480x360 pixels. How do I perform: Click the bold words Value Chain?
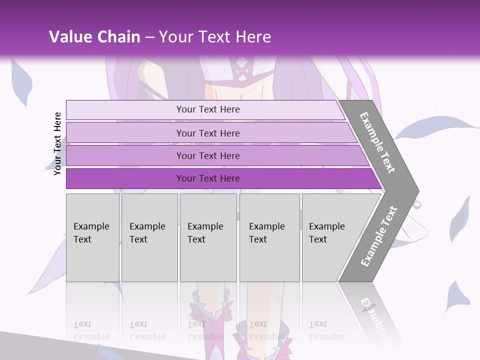94,37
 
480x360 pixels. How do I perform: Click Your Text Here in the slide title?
215,37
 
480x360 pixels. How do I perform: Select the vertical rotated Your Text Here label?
57,143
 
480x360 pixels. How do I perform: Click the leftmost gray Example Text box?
92,237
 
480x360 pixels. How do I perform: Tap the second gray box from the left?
149,237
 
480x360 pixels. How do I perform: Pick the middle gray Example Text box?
208,237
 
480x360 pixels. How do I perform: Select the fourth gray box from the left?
269,237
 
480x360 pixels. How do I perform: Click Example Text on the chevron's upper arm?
378,142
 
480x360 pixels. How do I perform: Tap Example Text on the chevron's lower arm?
378,236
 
